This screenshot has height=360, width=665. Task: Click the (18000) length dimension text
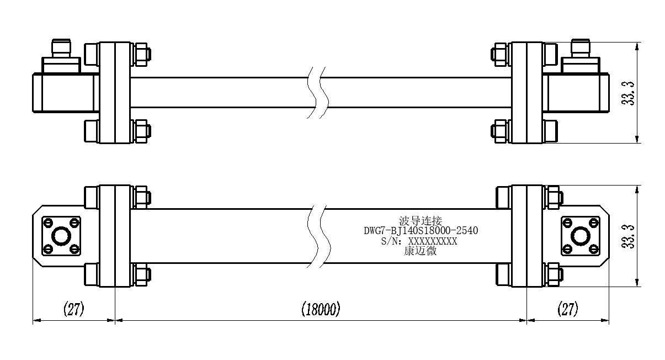point(321,309)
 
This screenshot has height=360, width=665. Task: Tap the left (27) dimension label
point(73,309)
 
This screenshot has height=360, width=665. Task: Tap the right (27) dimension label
point(568,309)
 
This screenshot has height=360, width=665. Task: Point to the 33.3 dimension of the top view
point(628,93)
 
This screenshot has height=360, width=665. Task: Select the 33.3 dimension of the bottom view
point(628,236)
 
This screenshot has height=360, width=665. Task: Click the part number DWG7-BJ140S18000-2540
point(421,231)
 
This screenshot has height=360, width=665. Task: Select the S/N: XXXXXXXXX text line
point(419,241)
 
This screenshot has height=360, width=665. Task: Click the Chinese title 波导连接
point(421,221)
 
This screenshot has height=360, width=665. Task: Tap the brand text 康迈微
point(420,251)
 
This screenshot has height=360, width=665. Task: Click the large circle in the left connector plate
point(61,236)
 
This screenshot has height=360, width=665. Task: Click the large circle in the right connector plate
point(581,236)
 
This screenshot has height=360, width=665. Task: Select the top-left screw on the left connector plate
point(48,223)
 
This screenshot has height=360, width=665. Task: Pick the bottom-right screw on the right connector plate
point(593,249)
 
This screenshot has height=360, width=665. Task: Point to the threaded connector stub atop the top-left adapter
point(61,48)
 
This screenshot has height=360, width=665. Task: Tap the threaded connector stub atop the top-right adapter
point(581,48)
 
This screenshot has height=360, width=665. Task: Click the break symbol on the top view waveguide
point(318,93)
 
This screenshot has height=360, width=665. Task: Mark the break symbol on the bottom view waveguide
point(319,236)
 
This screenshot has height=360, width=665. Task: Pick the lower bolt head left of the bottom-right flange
point(503,274)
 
